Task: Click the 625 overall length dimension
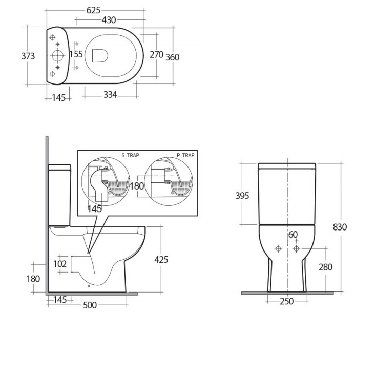coord(93,10)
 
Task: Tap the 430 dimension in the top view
coord(109,20)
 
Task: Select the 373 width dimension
coord(28,56)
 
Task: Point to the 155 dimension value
coord(76,54)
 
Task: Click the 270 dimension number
coord(156,55)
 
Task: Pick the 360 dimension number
coord(173,57)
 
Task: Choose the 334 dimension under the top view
coord(110,95)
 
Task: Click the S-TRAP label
coord(130,155)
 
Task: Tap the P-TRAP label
coord(185,155)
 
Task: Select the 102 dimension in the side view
coord(60,264)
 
